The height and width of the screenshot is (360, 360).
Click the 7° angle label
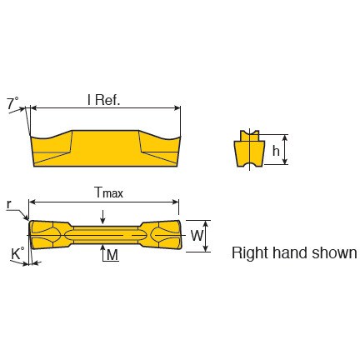click(x=12, y=103)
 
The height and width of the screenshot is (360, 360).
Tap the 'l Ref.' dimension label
click(x=103, y=100)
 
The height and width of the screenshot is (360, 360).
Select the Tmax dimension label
click(x=108, y=192)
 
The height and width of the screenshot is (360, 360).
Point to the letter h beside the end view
click(x=276, y=151)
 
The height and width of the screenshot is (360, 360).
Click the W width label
click(x=197, y=236)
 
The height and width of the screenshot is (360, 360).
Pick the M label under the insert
click(x=112, y=255)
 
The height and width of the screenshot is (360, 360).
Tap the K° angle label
click(x=17, y=253)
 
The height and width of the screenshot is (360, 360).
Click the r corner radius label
click(x=9, y=205)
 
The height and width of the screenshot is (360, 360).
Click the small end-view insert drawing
click(x=249, y=149)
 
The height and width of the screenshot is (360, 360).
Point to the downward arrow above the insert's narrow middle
click(x=103, y=217)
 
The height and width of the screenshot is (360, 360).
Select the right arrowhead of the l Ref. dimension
click(x=177, y=108)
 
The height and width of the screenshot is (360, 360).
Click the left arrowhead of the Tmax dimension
click(x=32, y=202)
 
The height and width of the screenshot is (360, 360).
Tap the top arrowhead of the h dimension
click(x=284, y=138)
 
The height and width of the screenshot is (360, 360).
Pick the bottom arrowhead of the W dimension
click(x=206, y=248)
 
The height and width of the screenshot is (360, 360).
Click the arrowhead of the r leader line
click(x=26, y=217)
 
